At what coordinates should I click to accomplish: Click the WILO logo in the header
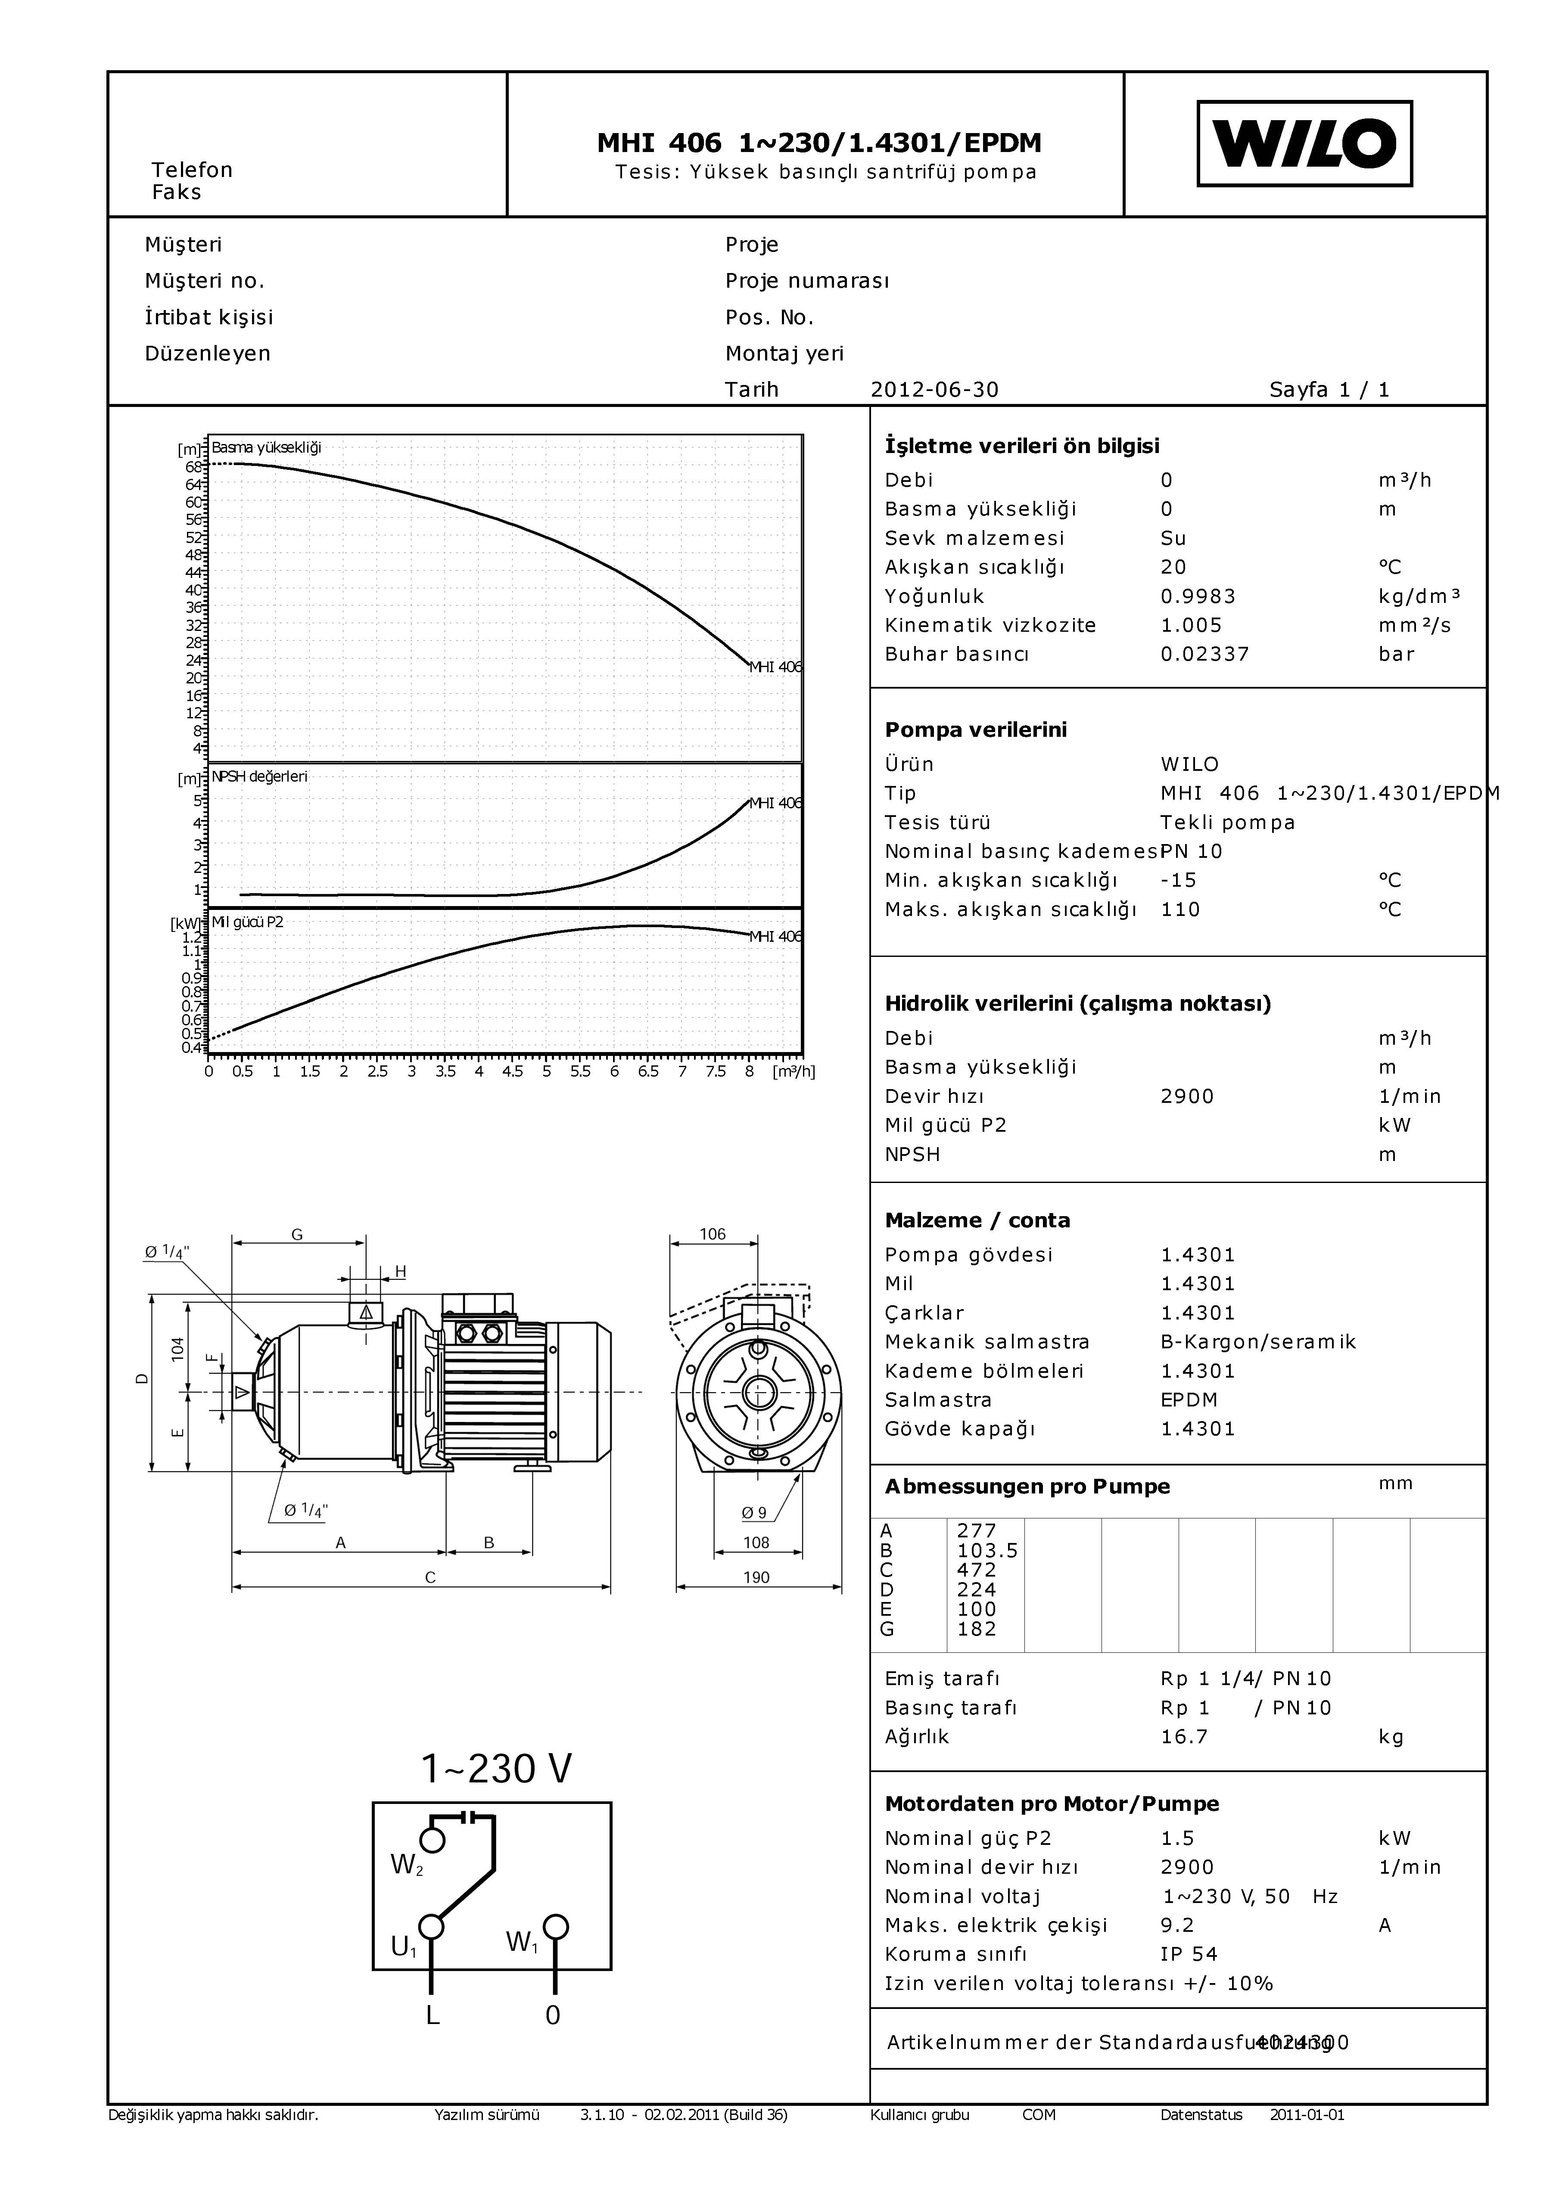[1304, 144]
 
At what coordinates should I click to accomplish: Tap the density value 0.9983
[1198, 596]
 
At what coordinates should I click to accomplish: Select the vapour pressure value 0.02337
[1204, 654]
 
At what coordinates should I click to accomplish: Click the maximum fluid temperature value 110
[1180, 909]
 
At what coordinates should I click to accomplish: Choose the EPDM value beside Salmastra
[1189, 1400]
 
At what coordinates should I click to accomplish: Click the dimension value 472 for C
[976, 1569]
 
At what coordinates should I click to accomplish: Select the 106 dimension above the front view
[713, 1234]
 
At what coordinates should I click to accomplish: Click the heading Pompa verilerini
[975, 730]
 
